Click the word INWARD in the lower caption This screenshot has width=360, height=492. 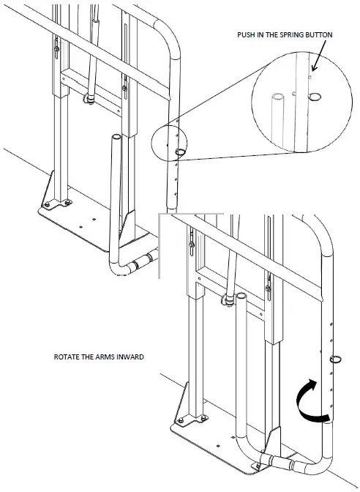coord(129,358)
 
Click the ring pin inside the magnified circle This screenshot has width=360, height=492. coord(315,95)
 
